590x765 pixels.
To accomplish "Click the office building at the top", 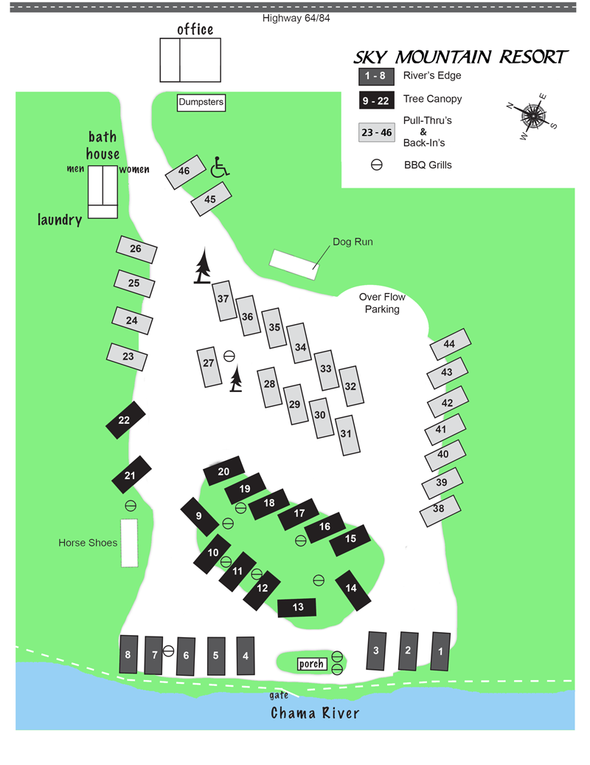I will click(190, 60).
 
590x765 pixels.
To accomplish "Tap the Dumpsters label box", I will click(201, 103).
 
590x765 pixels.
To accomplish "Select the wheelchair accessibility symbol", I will click(220, 167).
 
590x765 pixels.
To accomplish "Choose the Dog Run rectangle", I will click(294, 264).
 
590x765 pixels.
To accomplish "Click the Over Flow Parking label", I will click(382, 303).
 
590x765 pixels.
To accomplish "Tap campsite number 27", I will click(209, 366).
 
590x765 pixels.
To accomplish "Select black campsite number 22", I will click(125, 421).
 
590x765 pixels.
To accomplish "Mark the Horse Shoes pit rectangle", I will click(130, 543).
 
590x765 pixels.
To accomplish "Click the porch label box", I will click(312, 664).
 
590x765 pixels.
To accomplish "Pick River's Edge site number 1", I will click(441, 651).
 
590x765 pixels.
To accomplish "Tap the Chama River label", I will click(315, 713).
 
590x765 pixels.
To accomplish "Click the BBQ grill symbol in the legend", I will click(376, 165).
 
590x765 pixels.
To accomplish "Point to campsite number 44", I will click(449, 345).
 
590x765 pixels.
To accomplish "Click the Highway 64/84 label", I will click(296, 18).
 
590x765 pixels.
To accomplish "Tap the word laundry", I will click(60, 219).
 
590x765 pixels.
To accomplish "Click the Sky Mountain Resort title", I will click(461, 58).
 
